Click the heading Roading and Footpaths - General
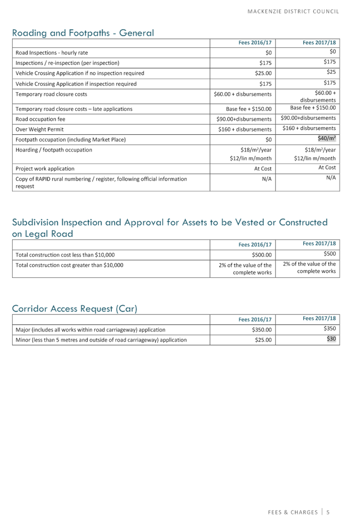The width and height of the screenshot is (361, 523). tap(83, 33)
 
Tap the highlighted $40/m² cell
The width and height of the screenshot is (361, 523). tap(327, 139)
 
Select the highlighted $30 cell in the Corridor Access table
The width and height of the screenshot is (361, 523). tap(331, 339)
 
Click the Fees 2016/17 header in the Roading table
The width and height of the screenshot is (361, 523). tap(255, 43)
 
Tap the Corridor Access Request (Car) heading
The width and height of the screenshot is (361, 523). tap(74, 309)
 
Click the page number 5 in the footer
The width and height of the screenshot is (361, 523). tap(328, 512)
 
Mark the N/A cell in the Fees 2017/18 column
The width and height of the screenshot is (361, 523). tap(331, 178)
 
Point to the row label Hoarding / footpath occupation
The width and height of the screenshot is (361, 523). tap(54, 150)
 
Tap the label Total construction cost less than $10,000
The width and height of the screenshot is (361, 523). tap(65, 255)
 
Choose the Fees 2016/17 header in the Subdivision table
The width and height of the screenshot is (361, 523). tap(255, 245)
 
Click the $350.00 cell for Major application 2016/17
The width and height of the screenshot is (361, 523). tap(262, 330)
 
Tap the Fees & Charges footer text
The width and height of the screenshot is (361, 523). tap(292, 512)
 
